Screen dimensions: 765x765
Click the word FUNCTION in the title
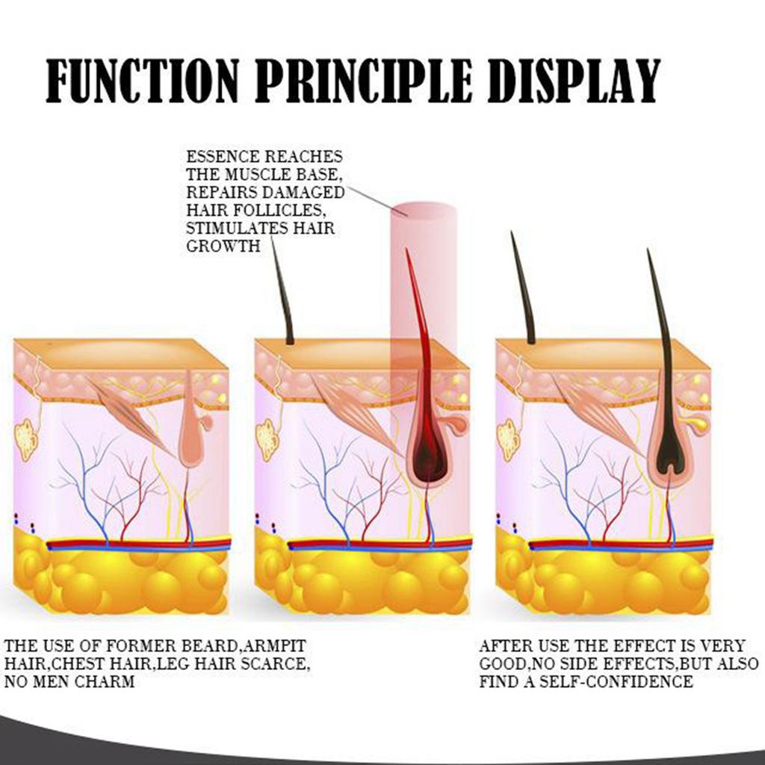coord(143,81)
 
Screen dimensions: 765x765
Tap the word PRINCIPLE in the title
coord(364,81)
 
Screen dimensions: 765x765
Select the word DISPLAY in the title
coord(574,81)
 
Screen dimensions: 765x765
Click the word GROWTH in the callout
coord(223,246)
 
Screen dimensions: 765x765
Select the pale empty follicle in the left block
coord(191,430)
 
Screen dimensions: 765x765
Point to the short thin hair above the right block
coord(523,288)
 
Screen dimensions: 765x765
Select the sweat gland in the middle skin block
coord(267,440)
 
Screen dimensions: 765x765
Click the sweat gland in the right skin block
coord(508,440)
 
